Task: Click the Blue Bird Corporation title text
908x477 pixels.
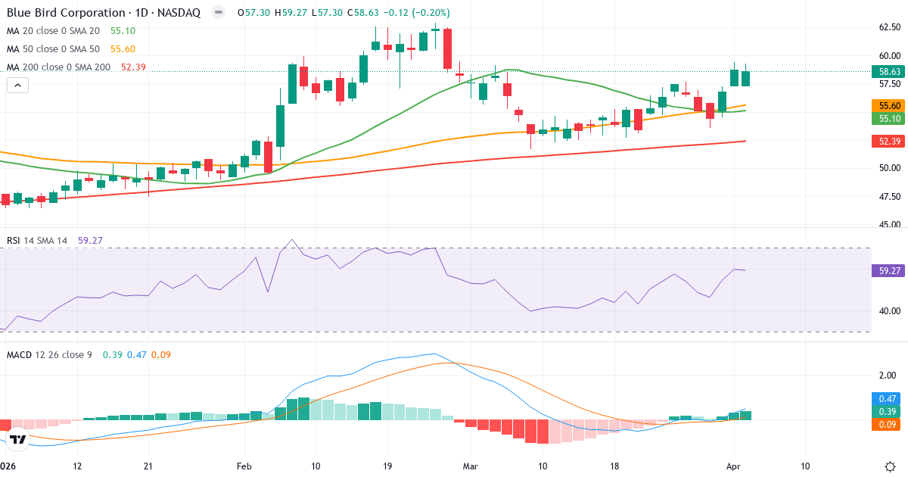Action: point(67,13)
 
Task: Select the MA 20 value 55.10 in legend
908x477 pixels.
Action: point(123,31)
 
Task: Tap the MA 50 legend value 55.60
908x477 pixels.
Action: point(123,49)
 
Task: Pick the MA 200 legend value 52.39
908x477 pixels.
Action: point(133,67)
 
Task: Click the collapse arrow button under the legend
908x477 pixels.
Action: point(17,86)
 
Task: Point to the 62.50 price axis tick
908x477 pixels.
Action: point(889,27)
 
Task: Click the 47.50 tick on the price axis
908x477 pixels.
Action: point(889,197)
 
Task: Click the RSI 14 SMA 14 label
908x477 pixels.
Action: point(37,241)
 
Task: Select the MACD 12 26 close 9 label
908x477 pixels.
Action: point(50,355)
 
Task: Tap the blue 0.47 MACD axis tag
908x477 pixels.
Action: point(888,398)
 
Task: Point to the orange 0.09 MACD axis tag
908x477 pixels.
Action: point(888,425)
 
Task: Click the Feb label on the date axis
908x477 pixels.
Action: point(243,466)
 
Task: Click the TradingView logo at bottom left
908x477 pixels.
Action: point(18,439)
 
